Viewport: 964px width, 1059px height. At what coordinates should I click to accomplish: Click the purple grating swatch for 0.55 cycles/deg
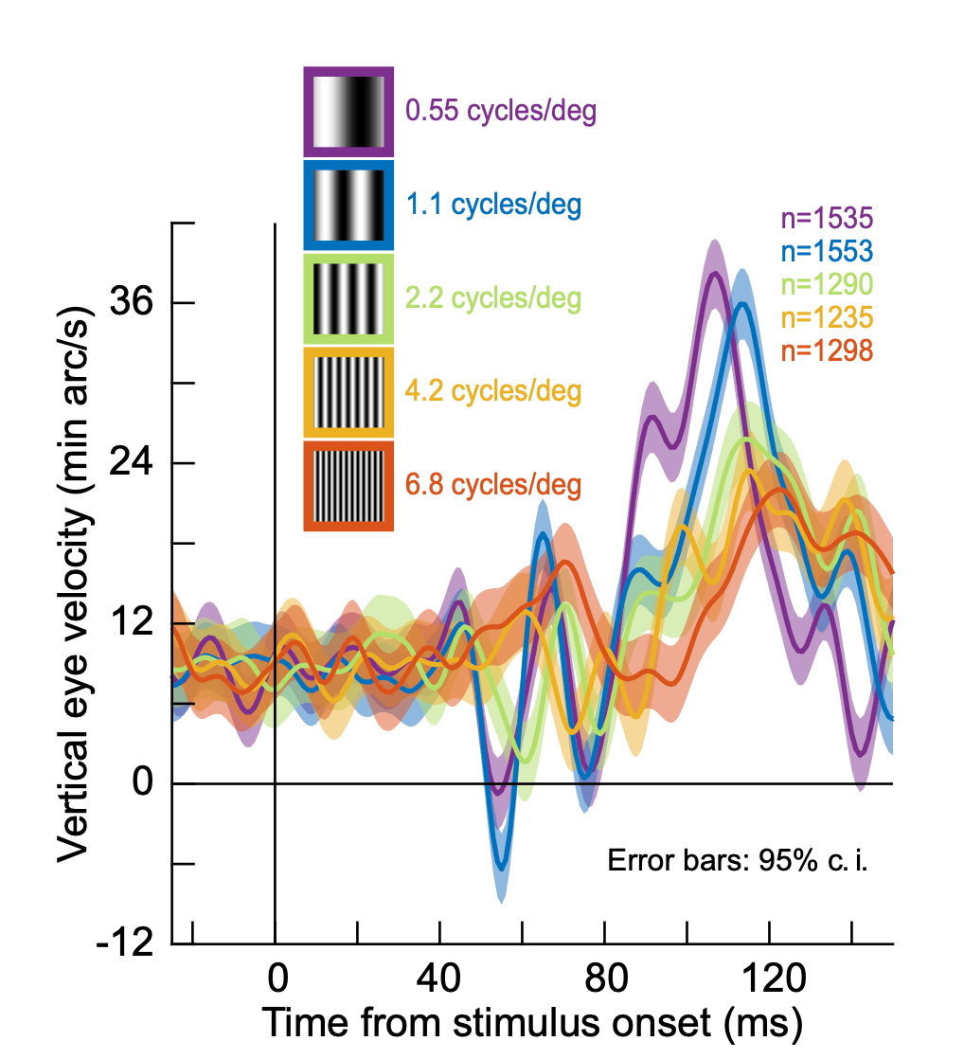[x=348, y=112]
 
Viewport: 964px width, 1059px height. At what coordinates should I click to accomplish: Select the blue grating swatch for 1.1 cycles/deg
[x=348, y=205]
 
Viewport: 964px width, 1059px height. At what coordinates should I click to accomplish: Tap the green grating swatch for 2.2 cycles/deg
[x=348, y=298]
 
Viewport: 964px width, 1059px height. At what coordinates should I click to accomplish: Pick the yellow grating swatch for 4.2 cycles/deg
[x=348, y=391]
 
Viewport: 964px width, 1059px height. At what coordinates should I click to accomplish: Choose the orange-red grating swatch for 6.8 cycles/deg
[x=348, y=485]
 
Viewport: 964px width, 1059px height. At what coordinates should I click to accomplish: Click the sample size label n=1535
[x=826, y=220]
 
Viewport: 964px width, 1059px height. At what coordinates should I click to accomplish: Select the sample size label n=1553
[x=826, y=252]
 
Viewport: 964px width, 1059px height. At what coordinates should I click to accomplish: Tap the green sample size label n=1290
[x=826, y=284]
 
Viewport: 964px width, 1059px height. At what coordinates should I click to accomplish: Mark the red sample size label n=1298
[x=826, y=350]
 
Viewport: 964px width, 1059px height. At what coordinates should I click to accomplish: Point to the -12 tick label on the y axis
[x=127, y=943]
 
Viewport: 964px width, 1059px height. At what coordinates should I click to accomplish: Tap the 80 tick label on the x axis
[x=606, y=976]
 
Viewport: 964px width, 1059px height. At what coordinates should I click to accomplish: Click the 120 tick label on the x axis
[x=770, y=976]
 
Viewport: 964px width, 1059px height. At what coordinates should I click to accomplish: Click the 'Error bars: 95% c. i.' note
[x=737, y=863]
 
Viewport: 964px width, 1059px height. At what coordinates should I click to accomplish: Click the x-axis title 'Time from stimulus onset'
[x=532, y=1024]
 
